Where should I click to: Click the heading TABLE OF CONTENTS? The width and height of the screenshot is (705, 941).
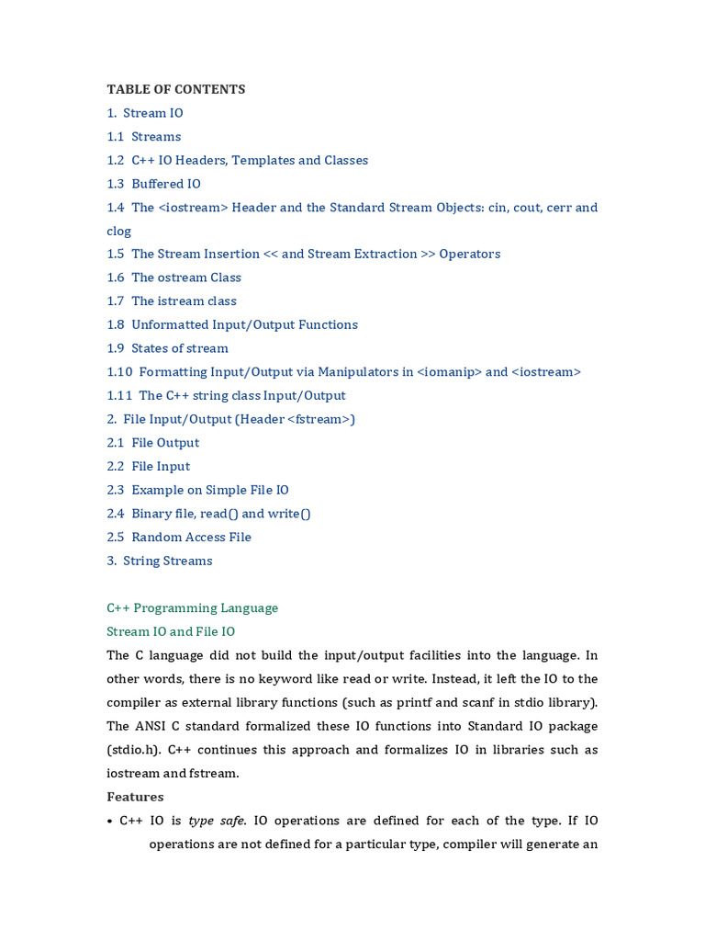pyautogui.click(x=175, y=89)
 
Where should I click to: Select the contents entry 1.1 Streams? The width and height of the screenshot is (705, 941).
pyautogui.click(x=144, y=137)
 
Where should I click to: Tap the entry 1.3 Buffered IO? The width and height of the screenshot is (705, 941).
pyautogui.click(x=153, y=184)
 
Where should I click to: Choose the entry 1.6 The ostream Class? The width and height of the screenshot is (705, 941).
pyautogui.click(x=173, y=278)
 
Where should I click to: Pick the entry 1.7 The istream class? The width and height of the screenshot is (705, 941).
pyautogui.click(x=172, y=301)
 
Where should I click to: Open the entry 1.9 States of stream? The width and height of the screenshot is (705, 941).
pyautogui.click(x=167, y=348)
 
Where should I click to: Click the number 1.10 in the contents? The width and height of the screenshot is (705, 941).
pyautogui.click(x=119, y=372)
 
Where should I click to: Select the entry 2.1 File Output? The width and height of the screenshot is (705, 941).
pyautogui.click(x=152, y=443)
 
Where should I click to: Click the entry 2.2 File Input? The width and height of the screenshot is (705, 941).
pyautogui.click(x=148, y=466)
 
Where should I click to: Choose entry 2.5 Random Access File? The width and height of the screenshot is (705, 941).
pyautogui.click(x=179, y=537)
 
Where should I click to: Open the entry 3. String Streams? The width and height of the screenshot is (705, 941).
pyautogui.click(x=159, y=561)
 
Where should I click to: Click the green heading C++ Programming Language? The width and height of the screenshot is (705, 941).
pyautogui.click(x=192, y=607)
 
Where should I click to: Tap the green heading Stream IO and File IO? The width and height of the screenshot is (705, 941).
pyautogui.click(x=171, y=631)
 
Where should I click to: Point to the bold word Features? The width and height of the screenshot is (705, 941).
pyautogui.click(x=135, y=797)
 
